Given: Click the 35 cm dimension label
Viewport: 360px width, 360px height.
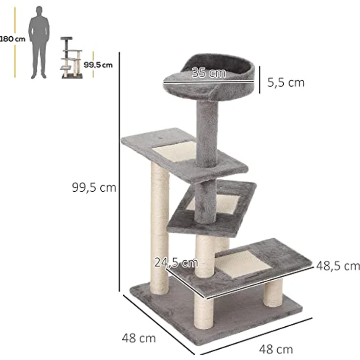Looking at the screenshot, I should click(x=209, y=73).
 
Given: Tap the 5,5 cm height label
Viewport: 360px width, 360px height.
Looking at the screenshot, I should click(x=286, y=82).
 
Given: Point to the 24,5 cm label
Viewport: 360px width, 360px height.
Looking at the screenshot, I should click(x=176, y=263).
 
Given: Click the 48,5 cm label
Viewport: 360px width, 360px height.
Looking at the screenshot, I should click(x=338, y=266).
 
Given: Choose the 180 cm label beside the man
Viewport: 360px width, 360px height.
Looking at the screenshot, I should click(x=7, y=39).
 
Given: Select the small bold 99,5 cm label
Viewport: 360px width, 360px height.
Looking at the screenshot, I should click(x=98, y=64).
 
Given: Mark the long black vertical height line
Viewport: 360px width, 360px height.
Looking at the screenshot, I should click(x=120, y=171).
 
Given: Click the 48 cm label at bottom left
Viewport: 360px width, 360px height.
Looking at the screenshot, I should click(x=139, y=337).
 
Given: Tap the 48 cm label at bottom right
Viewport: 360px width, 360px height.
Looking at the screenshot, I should click(x=276, y=349).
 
